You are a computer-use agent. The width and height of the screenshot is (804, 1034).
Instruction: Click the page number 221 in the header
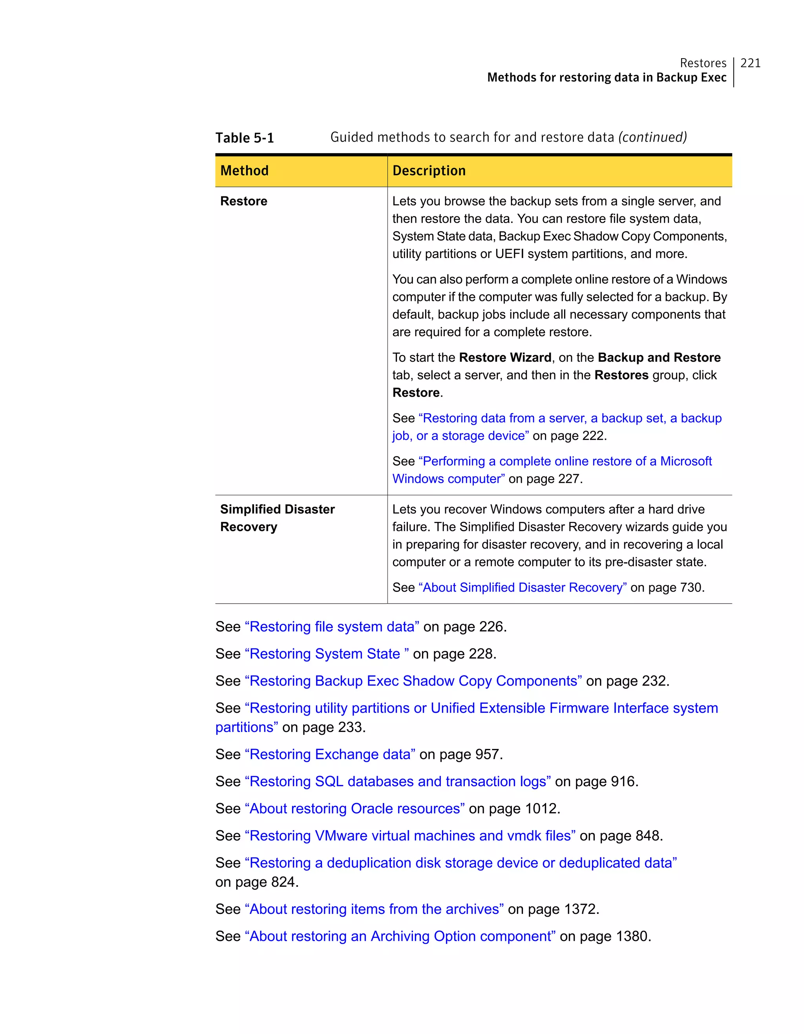750,63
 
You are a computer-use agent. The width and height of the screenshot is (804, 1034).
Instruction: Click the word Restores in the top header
703,63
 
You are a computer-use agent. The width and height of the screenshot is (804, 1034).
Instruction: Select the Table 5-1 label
245,138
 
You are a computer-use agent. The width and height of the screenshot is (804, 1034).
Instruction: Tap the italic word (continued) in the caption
652,137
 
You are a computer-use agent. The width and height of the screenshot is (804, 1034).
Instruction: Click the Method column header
244,170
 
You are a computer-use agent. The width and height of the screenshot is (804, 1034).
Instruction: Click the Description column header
429,170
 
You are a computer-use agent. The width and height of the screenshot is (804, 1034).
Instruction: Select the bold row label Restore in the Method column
244,201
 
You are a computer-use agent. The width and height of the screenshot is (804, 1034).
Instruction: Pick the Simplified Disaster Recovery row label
277,518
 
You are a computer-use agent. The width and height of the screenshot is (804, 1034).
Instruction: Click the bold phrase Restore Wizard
505,357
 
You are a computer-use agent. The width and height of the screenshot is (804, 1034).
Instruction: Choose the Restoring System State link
327,654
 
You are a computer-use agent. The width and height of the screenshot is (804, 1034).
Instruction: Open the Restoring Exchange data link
330,754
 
